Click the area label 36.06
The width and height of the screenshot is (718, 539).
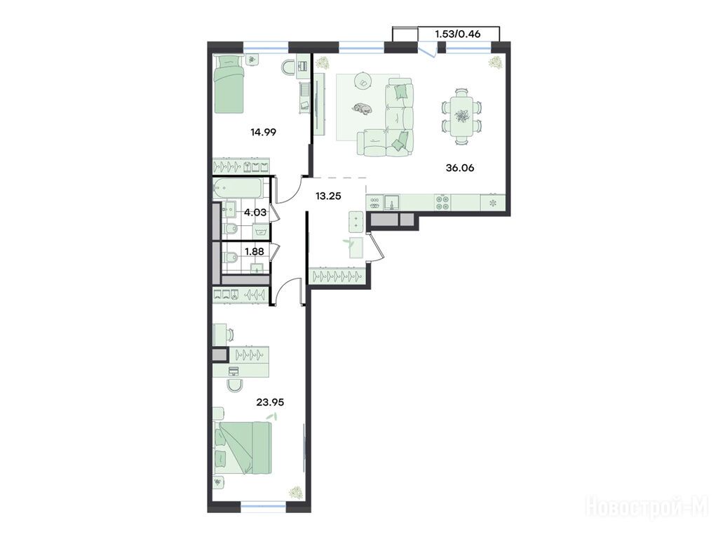click(x=460, y=168)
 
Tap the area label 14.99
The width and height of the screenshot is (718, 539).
click(x=264, y=132)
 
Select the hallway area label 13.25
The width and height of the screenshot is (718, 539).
click(x=328, y=196)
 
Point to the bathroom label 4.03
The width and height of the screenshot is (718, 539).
click(x=255, y=212)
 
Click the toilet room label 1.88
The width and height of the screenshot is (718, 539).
click(x=255, y=251)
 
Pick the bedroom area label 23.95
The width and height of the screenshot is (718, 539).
click(x=270, y=402)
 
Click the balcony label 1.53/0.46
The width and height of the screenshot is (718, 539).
click(x=457, y=34)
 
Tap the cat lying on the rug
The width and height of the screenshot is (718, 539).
click(x=362, y=109)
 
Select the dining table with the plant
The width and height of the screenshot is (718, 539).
click(x=462, y=116)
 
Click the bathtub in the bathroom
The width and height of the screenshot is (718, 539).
click(x=238, y=188)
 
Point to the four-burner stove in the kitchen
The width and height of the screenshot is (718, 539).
click(x=442, y=202)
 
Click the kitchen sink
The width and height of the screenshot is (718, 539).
click(x=391, y=202)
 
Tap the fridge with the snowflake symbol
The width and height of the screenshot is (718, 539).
click(x=493, y=203)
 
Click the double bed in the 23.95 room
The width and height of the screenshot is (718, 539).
click(x=243, y=448)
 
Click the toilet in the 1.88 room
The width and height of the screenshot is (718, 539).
click(x=230, y=257)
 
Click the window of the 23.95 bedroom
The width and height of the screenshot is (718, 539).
click(x=264, y=506)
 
